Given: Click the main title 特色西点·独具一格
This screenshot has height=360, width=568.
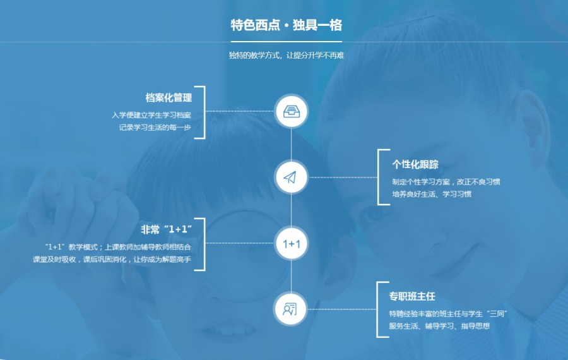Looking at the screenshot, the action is pyautogui.click(x=286, y=25).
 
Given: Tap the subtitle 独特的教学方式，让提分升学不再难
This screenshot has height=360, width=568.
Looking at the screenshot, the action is pyautogui.click(x=286, y=56).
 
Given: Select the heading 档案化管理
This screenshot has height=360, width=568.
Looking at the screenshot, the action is pyautogui.click(x=169, y=97).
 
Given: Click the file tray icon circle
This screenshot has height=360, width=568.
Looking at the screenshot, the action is pyautogui.click(x=291, y=111).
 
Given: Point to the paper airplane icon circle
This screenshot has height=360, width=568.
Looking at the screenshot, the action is pyautogui.click(x=291, y=177).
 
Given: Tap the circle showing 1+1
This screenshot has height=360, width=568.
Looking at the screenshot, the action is pyautogui.click(x=291, y=243).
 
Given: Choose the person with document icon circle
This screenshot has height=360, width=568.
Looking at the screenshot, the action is pyautogui.click(x=291, y=309).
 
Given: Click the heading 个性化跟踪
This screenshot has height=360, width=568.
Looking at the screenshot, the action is pyautogui.click(x=415, y=165).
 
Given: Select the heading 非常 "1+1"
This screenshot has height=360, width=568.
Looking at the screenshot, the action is pyautogui.click(x=166, y=229).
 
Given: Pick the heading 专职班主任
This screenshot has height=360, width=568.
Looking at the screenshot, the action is pyautogui.click(x=412, y=296).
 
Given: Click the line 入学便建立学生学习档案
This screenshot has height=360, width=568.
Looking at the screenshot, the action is pyautogui.click(x=151, y=115).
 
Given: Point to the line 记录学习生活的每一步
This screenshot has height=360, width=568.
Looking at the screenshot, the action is pyautogui.click(x=155, y=128).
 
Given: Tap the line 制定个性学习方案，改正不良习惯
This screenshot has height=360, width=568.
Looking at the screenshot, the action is pyautogui.click(x=446, y=182).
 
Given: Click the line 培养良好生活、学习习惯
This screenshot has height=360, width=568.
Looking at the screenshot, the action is pyautogui.click(x=432, y=195).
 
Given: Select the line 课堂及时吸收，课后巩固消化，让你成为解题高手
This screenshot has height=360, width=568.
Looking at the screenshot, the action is pyautogui.click(x=112, y=260).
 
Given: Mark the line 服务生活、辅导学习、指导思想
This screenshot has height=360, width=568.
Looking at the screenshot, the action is pyautogui.click(x=439, y=326).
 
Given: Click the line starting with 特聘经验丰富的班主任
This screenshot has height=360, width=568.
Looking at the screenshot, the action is pyautogui.click(x=447, y=314).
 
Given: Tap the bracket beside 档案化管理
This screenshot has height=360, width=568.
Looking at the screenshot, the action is pyautogui.click(x=204, y=112).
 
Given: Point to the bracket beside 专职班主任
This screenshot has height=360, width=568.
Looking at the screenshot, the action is pyautogui.click(x=377, y=309).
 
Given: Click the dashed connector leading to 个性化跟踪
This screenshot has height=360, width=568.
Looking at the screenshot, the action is pyautogui.click(x=343, y=177).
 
